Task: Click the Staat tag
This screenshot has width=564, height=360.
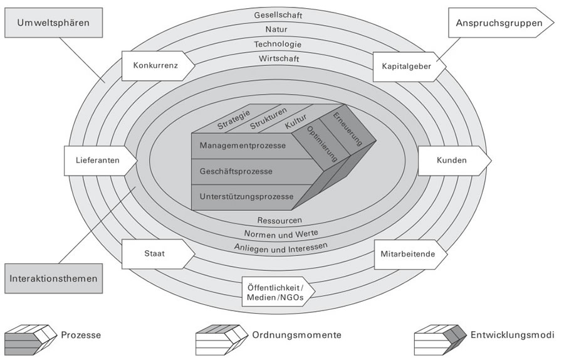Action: coord(155,255)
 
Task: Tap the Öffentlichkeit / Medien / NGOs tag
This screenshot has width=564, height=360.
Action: coord(276,292)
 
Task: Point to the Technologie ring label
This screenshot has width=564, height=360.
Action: coord(278,45)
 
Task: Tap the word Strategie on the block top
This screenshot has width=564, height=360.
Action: coord(234,120)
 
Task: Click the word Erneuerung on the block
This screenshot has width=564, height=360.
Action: coord(348,129)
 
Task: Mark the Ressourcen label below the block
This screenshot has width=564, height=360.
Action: coord(280,220)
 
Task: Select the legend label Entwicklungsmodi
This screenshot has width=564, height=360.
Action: coord(512,335)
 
